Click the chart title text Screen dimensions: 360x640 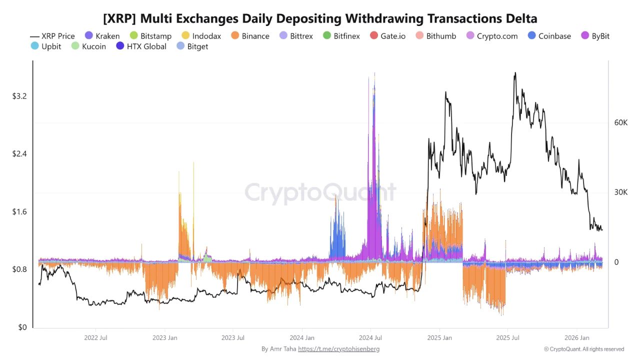click(x=320, y=19)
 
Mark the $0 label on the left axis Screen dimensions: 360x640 click(x=22, y=327)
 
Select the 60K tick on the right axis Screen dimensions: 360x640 click(x=620, y=122)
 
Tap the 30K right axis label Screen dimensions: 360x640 click(x=620, y=192)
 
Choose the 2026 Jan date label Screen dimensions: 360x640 click(x=576, y=338)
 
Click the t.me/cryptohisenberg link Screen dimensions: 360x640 click(x=338, y=349)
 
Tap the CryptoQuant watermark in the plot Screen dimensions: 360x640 click(x=320, y=192)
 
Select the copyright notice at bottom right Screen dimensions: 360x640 click(x=584, y=349)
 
